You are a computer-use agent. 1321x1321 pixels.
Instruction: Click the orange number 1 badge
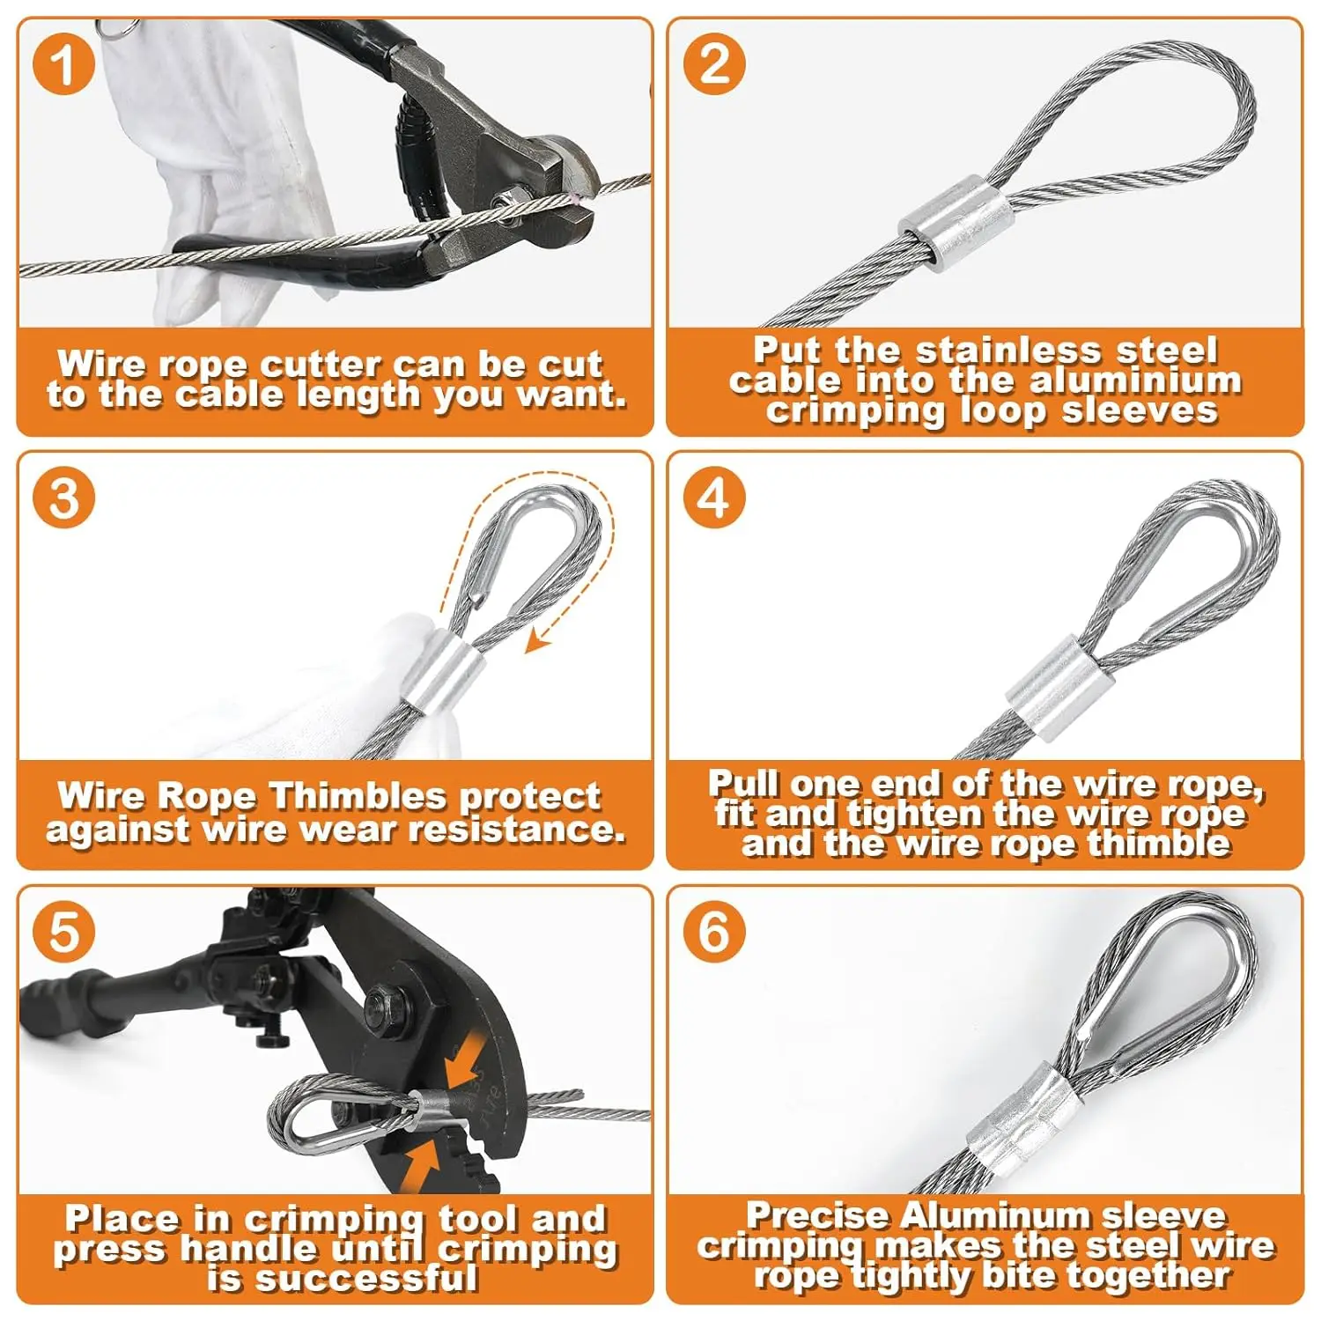(x=63, y=63)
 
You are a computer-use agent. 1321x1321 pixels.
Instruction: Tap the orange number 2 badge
(x=714, y=63)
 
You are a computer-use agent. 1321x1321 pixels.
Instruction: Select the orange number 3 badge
(x=63, y=498)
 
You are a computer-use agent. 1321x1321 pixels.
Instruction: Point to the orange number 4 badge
(x=714, y=498)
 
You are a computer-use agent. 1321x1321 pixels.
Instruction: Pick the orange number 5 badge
(x=63, y=932)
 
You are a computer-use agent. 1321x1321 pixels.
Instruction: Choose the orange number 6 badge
(x=714, y=932)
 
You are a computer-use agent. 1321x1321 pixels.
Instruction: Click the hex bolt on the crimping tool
(x=385, y=1001)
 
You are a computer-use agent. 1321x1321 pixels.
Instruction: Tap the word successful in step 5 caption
(x=343, y=1279)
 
